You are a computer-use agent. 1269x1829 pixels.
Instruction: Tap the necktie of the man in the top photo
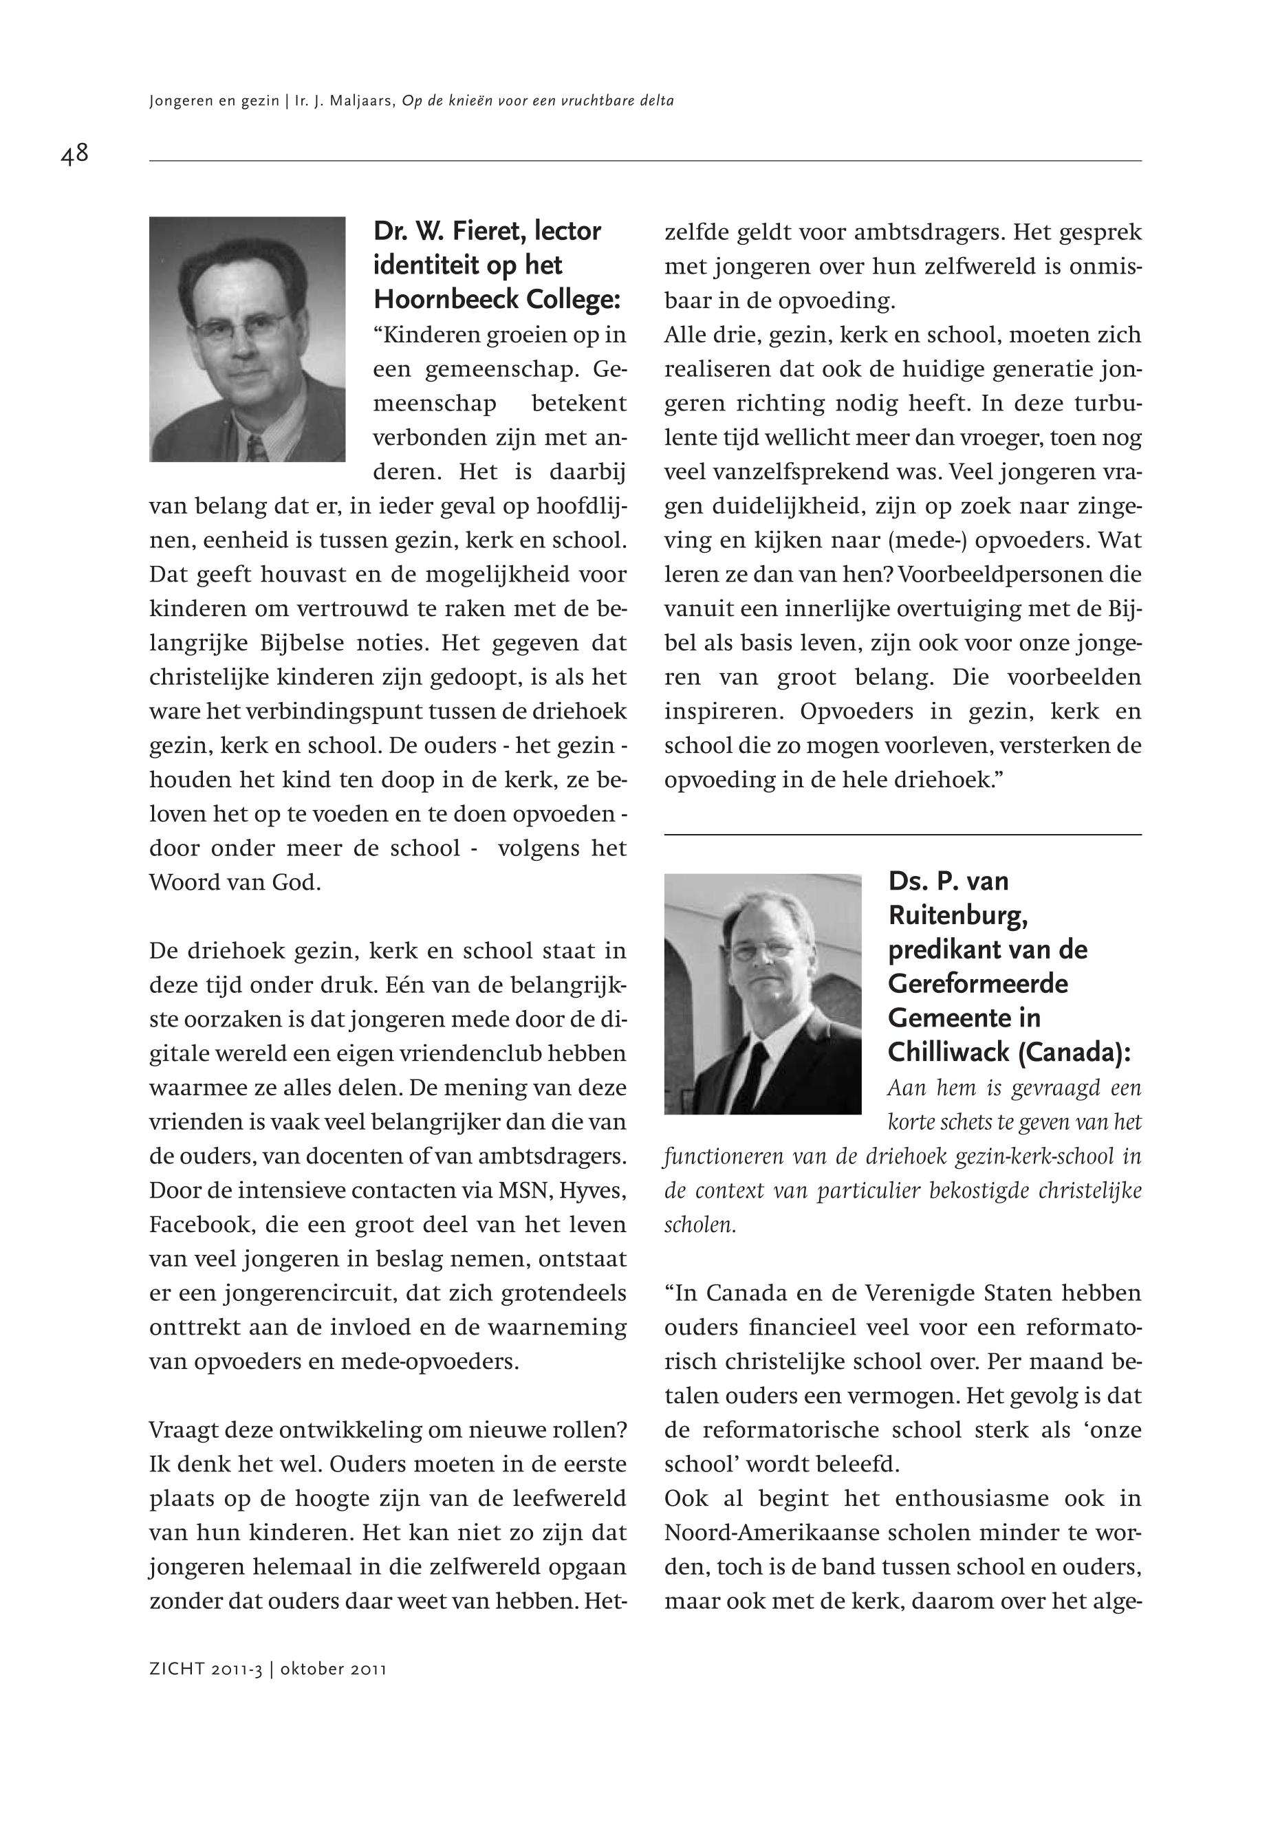(x=256, y=448)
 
